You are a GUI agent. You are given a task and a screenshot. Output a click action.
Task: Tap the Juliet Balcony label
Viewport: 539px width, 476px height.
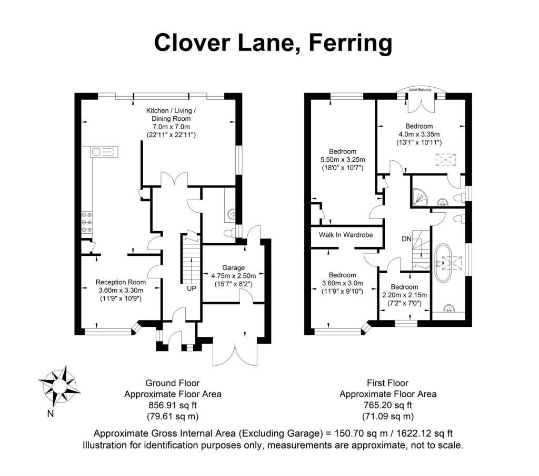420,89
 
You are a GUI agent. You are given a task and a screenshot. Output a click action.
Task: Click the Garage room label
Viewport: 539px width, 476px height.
233,268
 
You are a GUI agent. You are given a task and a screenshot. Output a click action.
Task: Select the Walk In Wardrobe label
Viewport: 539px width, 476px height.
346,235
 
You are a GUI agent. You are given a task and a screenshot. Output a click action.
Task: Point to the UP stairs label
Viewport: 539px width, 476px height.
192,288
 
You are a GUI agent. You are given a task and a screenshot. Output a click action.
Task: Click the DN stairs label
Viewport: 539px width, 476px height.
407,239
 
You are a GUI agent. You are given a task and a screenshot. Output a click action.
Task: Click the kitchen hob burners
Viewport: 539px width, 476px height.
87,222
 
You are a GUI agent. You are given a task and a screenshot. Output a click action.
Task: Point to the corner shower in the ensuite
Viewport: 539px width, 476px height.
420,196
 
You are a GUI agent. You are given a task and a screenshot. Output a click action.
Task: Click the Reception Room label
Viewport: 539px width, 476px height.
121,282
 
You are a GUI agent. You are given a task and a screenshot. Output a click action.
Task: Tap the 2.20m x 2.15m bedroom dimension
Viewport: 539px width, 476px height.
405,295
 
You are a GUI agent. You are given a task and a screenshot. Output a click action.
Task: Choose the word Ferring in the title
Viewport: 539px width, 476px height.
351,43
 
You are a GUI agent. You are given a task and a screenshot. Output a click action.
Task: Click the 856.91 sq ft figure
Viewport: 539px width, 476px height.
173,405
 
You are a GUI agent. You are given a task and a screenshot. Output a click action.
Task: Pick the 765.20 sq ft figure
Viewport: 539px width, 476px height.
388,405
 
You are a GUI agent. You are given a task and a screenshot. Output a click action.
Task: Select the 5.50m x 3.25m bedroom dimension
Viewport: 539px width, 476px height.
343,160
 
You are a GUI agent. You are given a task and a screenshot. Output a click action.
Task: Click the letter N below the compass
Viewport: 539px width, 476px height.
51,413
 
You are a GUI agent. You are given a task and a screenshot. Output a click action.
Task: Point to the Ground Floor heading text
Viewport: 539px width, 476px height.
173,383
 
